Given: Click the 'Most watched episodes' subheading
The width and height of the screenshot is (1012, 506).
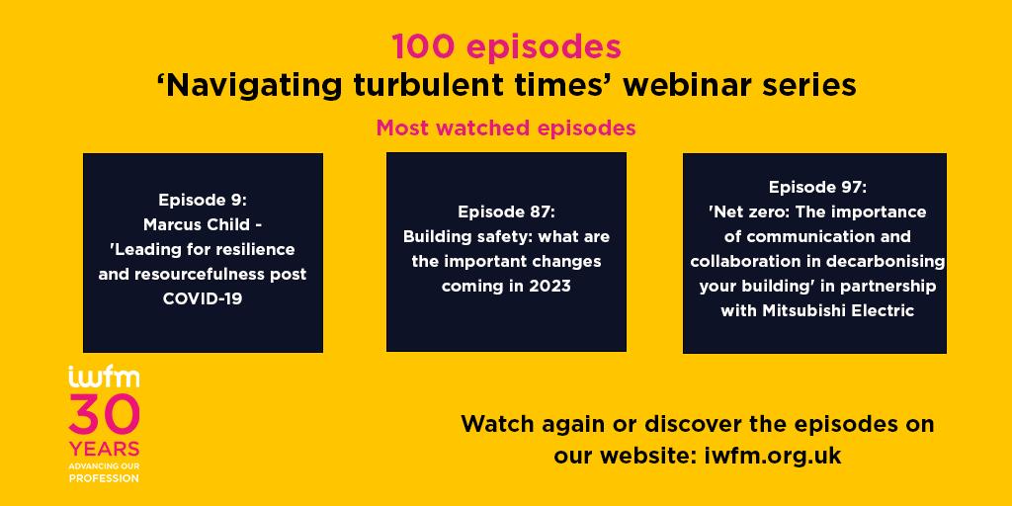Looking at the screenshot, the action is click(x=506, y=127).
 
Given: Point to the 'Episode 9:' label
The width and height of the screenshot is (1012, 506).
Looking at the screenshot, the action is click(x=203, y=200).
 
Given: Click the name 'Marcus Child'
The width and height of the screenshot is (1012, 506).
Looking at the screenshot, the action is click(x=198, y=224).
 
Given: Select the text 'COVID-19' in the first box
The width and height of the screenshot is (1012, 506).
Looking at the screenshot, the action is click(x=203, y=299).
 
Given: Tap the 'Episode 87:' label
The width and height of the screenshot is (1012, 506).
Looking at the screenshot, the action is click(x=507, y=211).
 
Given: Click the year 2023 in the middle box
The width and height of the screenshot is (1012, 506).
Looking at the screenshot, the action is click(x=549, y=286).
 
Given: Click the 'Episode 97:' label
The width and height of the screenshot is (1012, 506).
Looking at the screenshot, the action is click(x=817, y=187).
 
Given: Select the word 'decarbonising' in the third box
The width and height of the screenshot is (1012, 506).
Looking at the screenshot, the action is click(x=887, y=261).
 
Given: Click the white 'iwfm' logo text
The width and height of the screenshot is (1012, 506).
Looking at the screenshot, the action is click(x=103, y=377).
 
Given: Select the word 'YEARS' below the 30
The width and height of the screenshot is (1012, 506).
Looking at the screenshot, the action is click(x=104, y=450).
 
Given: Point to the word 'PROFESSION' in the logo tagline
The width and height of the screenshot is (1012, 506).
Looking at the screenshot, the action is click(x=104, y=478).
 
